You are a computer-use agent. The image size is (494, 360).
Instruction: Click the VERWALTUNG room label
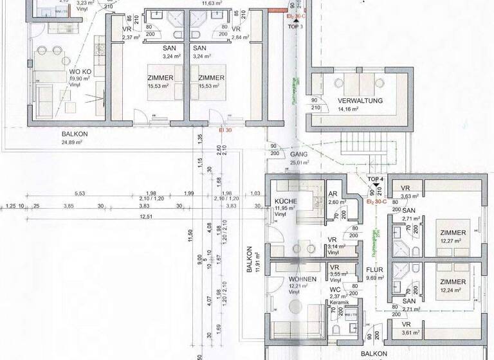360,100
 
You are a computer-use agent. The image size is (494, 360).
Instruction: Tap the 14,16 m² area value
347,109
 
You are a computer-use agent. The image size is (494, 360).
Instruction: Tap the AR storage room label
333,194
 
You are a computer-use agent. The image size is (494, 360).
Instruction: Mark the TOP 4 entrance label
375,179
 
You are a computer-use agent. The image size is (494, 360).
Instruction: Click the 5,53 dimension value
80,194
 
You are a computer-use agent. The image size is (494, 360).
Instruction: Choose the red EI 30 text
225,129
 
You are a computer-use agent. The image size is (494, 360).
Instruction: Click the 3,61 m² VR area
409,333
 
